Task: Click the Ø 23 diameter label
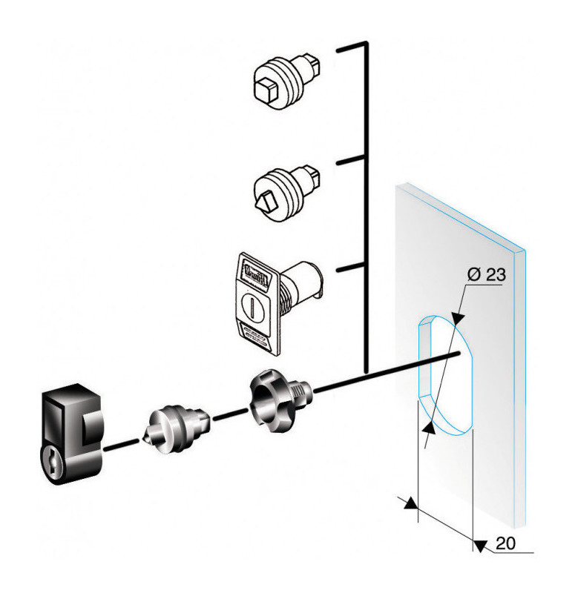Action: (486, 274)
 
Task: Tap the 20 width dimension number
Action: (505, 543)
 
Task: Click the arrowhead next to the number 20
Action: (481, 546)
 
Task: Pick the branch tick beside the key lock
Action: (351, 268)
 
